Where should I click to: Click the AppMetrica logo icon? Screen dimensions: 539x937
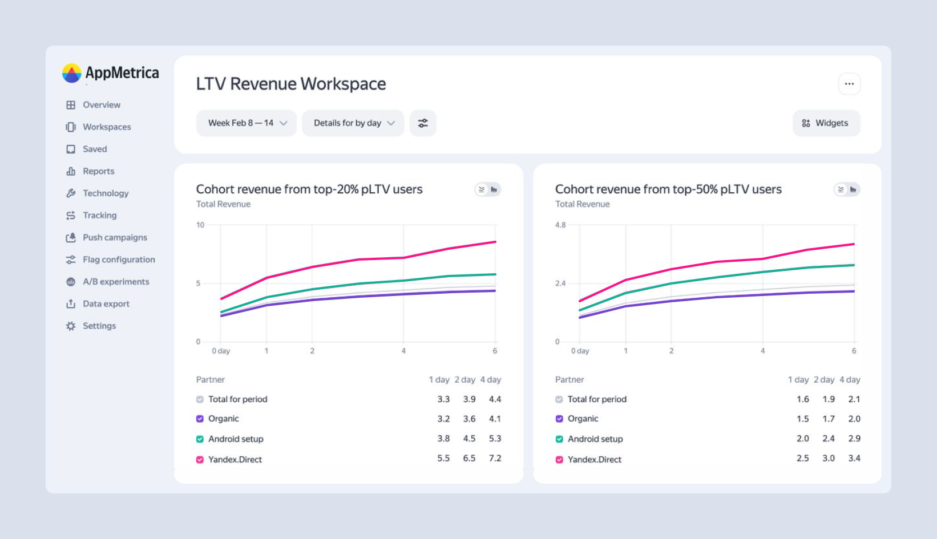point(71,73)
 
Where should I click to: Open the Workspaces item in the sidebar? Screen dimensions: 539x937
point(107,127)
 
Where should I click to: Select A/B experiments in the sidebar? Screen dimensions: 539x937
point(116,282)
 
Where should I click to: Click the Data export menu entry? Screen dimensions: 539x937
point(106,304)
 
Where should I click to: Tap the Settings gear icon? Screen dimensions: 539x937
point(71,326)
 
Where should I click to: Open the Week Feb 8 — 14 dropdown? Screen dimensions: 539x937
point(247,123)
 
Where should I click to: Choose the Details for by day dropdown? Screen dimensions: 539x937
point(353,123)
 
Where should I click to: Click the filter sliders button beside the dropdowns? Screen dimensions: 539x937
point(423,123)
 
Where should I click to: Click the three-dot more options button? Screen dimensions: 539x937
point(849,84)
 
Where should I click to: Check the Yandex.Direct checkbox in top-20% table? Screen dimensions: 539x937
point(200,460)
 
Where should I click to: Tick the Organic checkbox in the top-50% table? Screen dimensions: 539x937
point(559,419)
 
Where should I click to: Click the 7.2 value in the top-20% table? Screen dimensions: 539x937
point(495,459)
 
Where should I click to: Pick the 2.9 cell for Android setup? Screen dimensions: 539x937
point(854,439)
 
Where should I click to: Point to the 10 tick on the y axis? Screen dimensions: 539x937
point(200,225)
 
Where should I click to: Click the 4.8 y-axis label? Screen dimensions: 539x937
point(560,225)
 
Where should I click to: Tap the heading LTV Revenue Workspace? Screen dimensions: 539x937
point(291,84)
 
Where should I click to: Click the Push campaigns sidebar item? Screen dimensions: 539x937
point(115,237)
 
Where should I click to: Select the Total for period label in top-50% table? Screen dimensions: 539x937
point(597,399)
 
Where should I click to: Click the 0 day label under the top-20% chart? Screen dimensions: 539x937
point(221,351)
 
